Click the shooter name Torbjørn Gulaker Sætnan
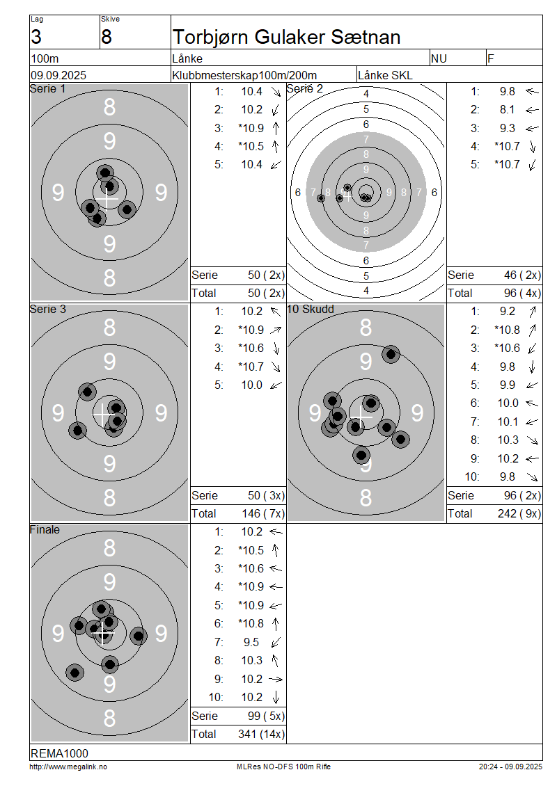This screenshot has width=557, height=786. [287, 37]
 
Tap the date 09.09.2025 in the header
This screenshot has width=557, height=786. [58, 75]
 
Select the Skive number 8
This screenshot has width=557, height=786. [107, 37]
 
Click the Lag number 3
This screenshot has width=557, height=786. [36, 37]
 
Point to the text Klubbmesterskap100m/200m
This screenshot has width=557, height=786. [244, 75]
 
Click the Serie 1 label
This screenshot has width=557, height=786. [47, 89]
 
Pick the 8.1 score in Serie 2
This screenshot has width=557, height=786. [507, 110]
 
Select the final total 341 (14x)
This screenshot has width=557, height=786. [261, 734]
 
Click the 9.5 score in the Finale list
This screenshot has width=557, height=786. [251, 642]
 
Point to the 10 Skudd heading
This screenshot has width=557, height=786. [311, 310]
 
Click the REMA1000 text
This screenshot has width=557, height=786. [59, 753]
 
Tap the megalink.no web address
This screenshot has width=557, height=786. [68, 767]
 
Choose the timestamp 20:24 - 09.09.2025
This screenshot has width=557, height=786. [510, 767]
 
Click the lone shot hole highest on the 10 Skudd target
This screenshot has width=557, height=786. [391, 355]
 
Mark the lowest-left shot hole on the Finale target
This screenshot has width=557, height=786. [74, 673]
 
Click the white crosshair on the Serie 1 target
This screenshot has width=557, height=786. [107, 199]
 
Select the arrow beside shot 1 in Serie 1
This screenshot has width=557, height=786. [276, 92]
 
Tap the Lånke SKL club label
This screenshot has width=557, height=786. [385, 75]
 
